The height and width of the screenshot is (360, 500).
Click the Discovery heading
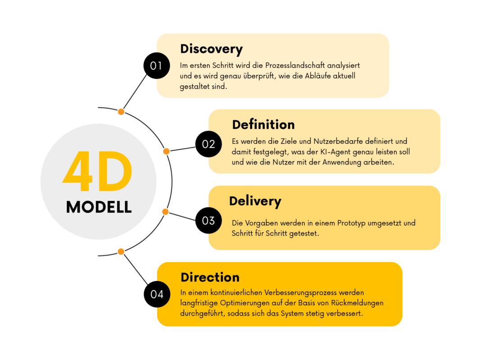[211, 49]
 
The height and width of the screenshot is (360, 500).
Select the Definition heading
[264, 125]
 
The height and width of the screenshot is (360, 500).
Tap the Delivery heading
[255, 201]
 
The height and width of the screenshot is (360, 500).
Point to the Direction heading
[210, 278]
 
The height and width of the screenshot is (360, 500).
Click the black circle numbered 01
[157, 66]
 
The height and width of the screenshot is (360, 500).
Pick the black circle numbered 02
[209, 144]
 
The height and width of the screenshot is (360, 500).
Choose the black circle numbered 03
[209, 220]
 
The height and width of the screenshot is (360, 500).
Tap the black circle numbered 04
[157, 294]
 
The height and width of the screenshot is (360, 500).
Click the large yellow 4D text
[98, 172]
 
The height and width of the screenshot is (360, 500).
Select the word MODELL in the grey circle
[99, 207]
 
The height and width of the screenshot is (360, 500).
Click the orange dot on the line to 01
[121, 112]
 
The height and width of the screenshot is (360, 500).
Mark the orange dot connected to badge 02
[166, 151]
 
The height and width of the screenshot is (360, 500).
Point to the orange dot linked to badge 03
[165, 212]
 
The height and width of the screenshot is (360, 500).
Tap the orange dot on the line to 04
[121, 251]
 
